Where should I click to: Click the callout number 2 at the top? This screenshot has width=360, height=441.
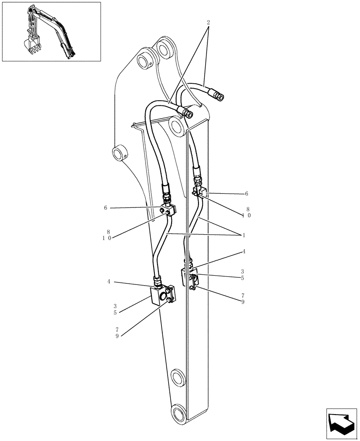(208, 22)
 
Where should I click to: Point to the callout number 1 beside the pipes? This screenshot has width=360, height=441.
(243, 235)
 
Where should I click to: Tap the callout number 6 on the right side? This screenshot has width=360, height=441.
(246, 194)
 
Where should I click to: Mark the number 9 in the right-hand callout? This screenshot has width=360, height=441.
(243, 302)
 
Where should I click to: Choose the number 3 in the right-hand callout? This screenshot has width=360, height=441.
(243, 272)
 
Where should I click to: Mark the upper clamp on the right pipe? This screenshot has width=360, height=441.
(199, 192)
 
